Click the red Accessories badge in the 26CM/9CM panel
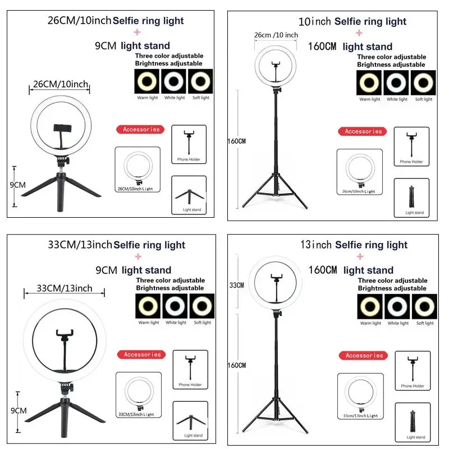[141, 130]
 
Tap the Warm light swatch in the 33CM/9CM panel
[149, 306]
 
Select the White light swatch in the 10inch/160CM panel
[397, 83]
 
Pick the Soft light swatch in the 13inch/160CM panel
[425, 306]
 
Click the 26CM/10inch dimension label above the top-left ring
[61, 85]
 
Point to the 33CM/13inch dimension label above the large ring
[65, 288]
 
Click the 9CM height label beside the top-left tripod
[19, 184]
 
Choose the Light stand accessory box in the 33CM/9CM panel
[190, 420]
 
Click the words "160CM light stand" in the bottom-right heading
[350, 270]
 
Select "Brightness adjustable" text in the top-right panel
[391, 65]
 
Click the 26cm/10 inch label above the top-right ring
[276, 35]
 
